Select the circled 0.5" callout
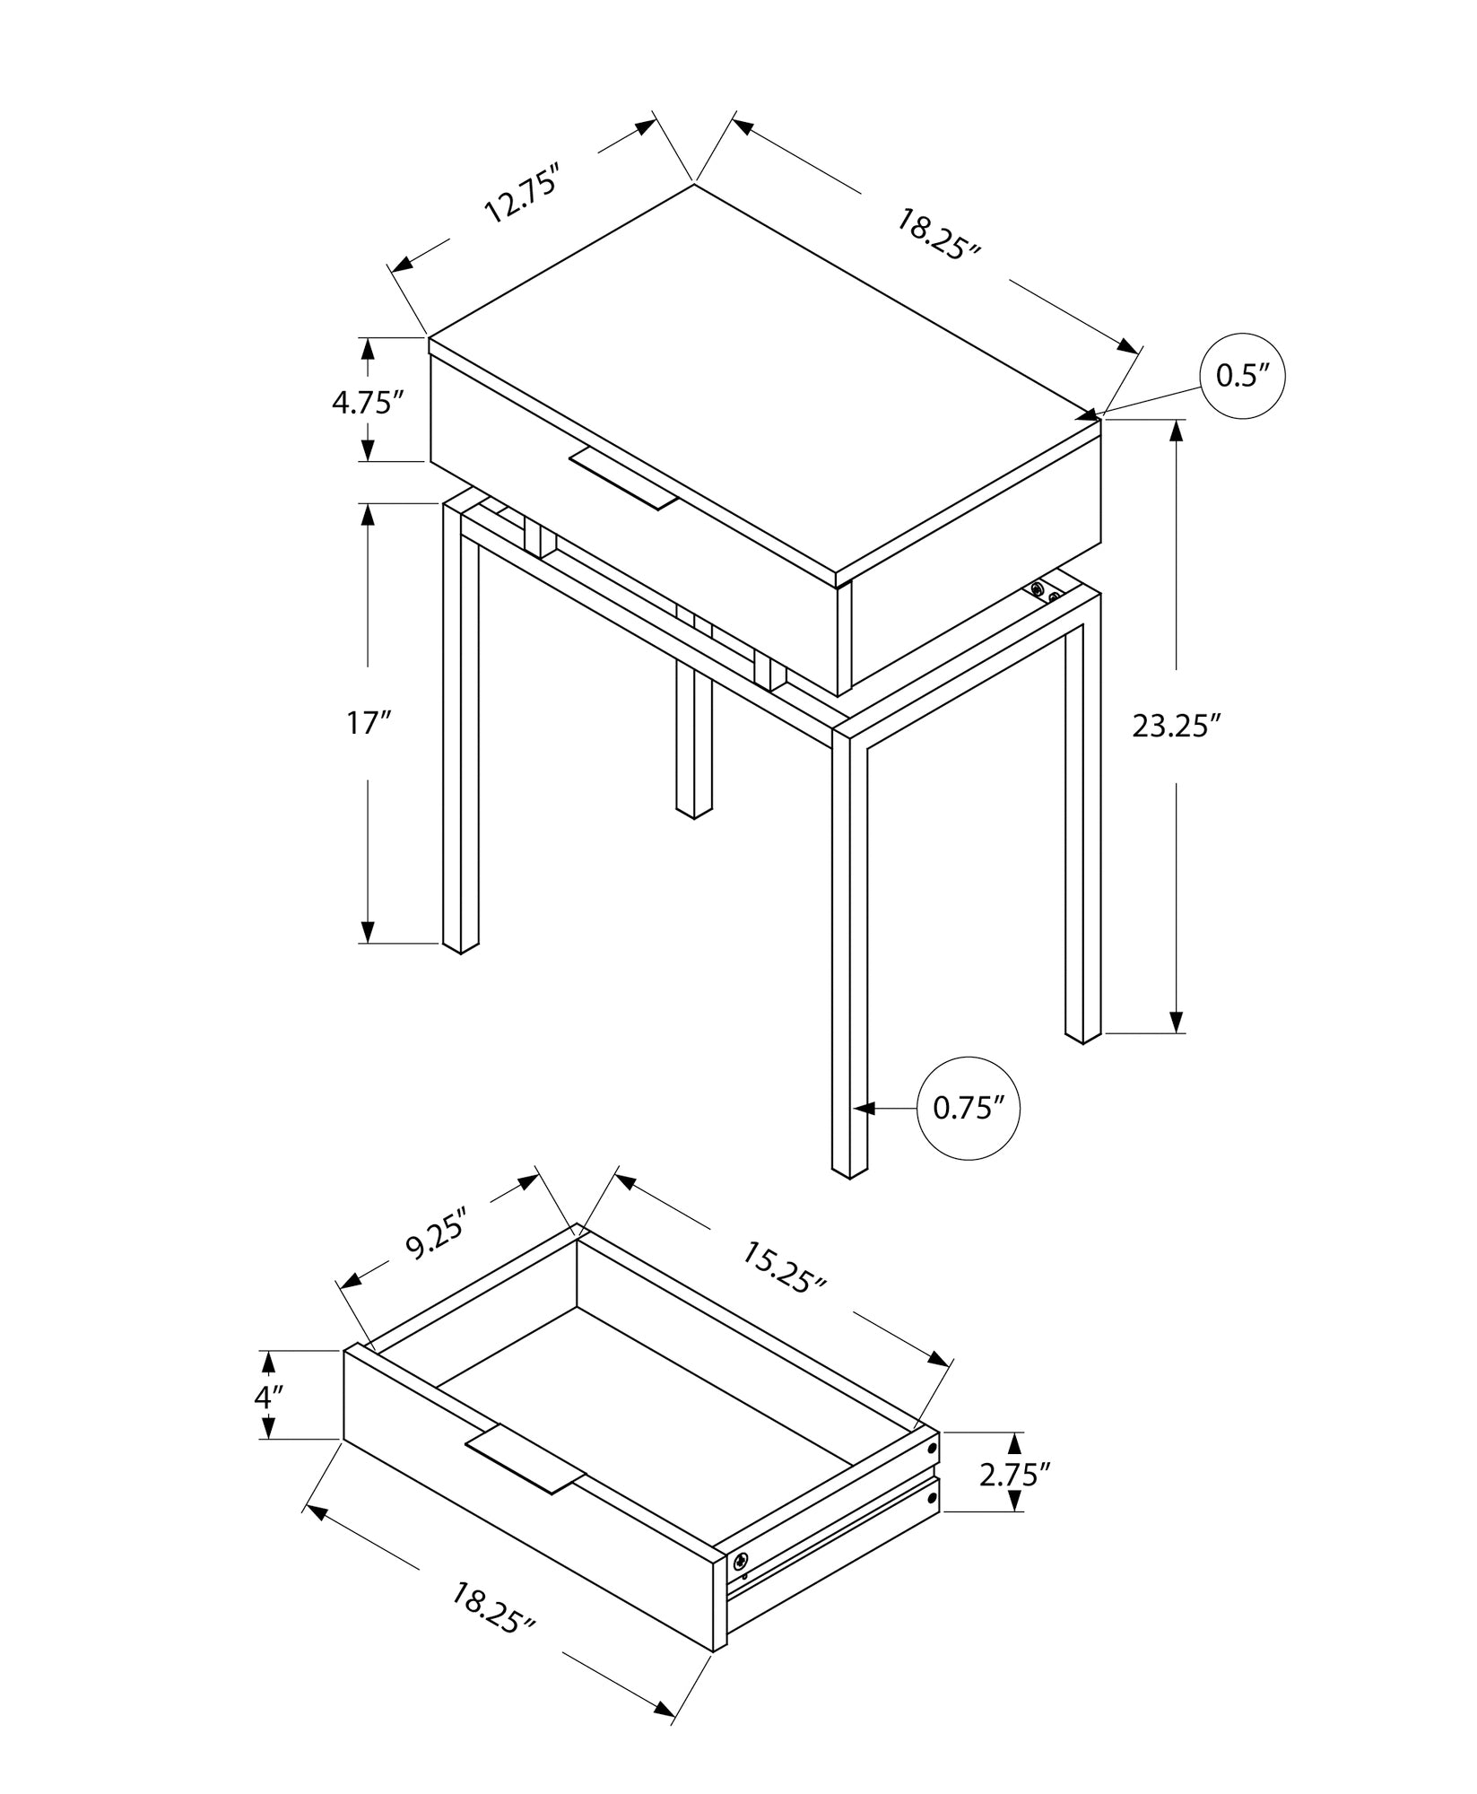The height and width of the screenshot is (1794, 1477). pyautogui.click(x=1242, y=377)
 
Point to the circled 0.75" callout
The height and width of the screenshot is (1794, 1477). pyautogui.click(x=969, y=1109)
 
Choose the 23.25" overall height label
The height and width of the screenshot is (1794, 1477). pyautogui.click(x=1177, y=726)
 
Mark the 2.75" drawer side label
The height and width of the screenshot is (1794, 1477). pyautogui.click(x=1014, y=1476)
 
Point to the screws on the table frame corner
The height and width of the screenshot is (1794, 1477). pyautogui.click(x=1045, y=592)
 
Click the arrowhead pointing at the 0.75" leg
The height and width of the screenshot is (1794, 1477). pyautogui.click(x=863, y=1109)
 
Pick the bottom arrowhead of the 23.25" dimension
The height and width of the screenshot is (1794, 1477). pyautogui.click(x=1177, y=1022)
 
